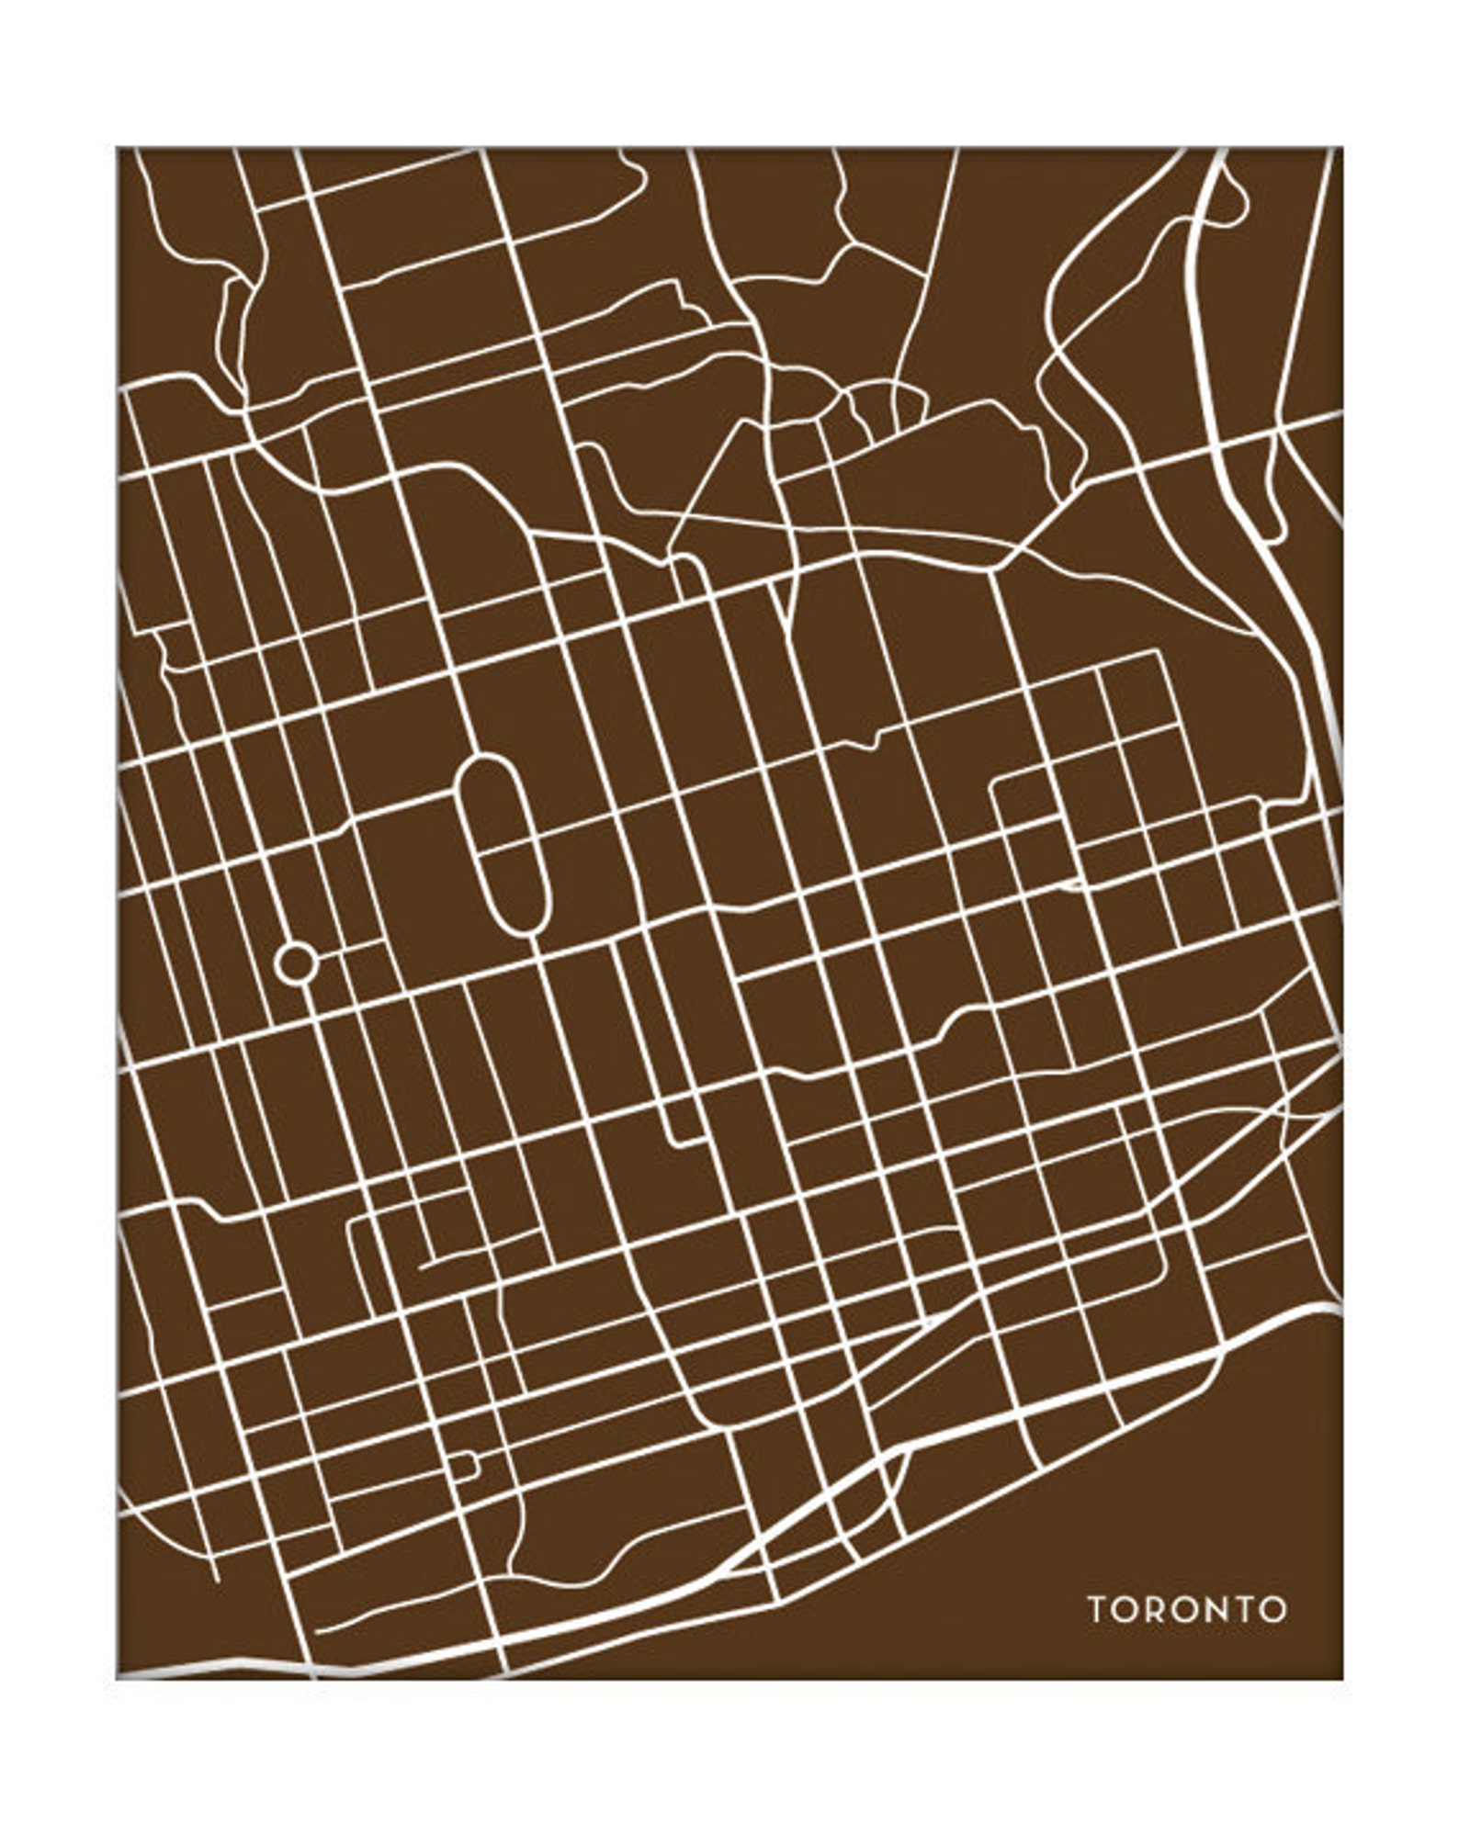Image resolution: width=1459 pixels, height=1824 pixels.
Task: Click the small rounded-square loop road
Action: [463, 1466]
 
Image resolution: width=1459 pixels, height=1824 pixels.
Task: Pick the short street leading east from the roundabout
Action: [349, 950]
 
